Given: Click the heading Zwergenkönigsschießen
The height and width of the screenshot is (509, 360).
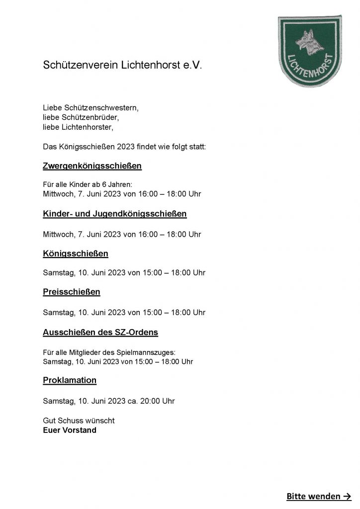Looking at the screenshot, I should [92, 166].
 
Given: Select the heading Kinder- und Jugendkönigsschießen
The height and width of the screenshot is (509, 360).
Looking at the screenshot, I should [115, 214].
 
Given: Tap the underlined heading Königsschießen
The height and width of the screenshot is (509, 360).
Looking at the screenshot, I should [76, 254].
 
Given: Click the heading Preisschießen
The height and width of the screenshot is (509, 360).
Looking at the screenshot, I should [72, 292].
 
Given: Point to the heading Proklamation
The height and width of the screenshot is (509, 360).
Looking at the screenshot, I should [70, 380].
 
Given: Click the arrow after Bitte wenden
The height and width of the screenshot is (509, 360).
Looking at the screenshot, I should [348, 496].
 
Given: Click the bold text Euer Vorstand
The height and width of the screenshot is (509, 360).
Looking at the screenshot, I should [70, 430].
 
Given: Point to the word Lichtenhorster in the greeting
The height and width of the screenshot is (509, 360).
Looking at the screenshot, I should [87, 128].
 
